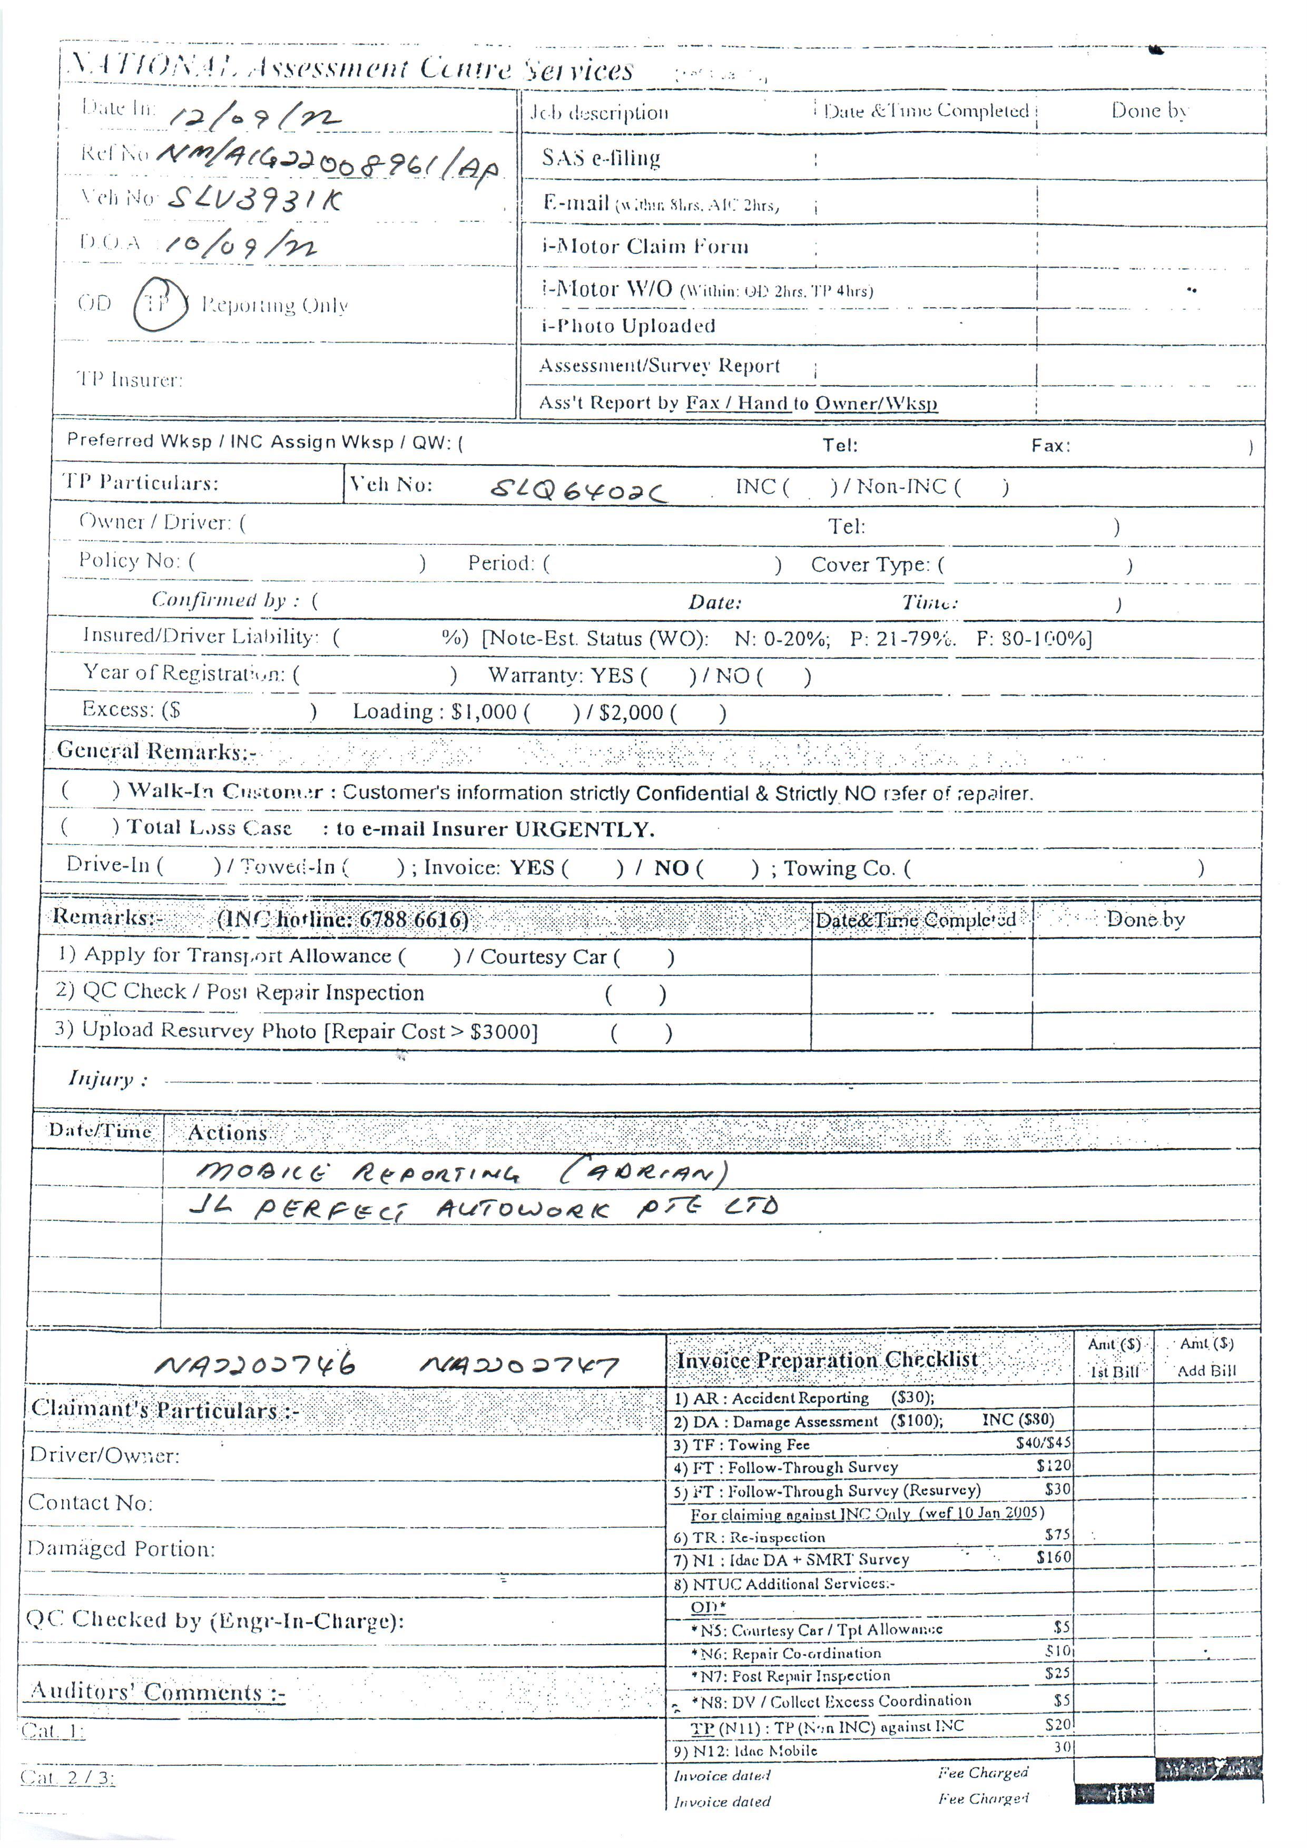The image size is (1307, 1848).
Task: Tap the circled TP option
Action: click(x=159, y=304)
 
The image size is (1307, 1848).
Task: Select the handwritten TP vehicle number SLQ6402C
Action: click(x=578, y=490)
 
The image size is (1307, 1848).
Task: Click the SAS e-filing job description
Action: click(x=601, y=158)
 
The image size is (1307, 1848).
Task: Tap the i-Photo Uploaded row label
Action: click(x=628, y=326)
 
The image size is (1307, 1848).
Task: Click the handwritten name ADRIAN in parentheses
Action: click(x=644, y=1172)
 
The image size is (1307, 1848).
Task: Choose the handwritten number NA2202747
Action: click(x=518, y=1366)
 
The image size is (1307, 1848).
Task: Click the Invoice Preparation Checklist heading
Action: click(x=827, y=1360)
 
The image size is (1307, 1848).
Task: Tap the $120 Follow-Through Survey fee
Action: click(x=1054, y=1465)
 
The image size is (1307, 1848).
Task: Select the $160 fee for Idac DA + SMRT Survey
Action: click(x=1054, y=1558)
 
